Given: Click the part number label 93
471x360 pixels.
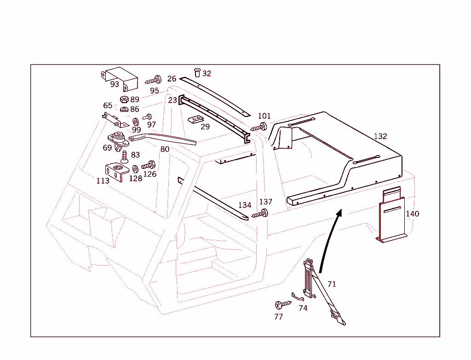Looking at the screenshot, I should [115, 84].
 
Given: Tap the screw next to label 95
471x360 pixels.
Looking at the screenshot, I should [154, 80].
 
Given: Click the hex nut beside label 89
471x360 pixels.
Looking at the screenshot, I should [124, 99].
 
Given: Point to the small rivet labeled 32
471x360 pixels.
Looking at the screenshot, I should [197, 72].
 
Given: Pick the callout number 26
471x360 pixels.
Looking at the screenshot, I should [172, 79].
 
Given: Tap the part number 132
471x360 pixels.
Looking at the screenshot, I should [380, 136].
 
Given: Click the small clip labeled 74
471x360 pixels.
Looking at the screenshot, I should [297, 298].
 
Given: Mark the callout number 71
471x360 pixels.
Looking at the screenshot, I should [332, 285].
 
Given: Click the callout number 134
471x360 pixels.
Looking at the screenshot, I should [245, 205].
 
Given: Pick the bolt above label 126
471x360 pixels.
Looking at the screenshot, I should [149, 165].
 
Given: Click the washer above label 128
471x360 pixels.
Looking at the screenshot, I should [135, 169].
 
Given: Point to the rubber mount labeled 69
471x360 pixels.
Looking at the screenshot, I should [118, 139].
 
